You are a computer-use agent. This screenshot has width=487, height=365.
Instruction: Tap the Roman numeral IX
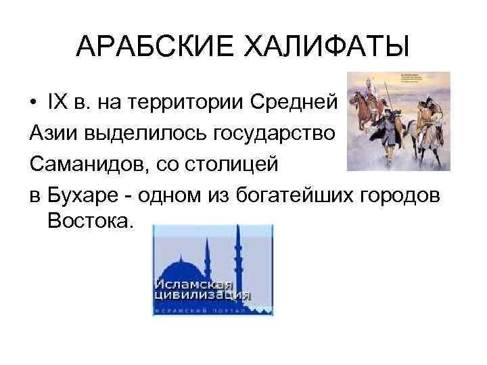coord(56,102)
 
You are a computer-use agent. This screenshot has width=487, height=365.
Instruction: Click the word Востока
coord(87,221)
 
